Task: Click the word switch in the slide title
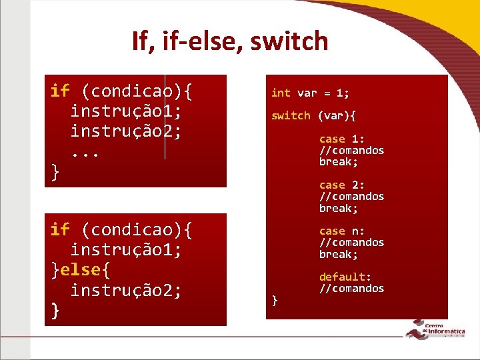coord(290,41)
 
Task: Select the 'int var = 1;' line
coord(310,93)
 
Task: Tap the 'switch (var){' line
coord(313,116)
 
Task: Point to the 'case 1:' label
coord(341,139)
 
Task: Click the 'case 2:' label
coord(341,185)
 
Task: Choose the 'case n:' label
coord(341,231)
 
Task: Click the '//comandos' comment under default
coord(351,289)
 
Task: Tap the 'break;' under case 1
coord(338,162)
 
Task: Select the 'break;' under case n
coord(338,255)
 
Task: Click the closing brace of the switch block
coord(275,301)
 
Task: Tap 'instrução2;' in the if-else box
coord(126,291)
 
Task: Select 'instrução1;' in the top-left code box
coord(126,111)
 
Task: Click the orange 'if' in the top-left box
coord(60,91)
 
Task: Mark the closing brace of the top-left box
coord(55,172)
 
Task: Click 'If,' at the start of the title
coord(143,41)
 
